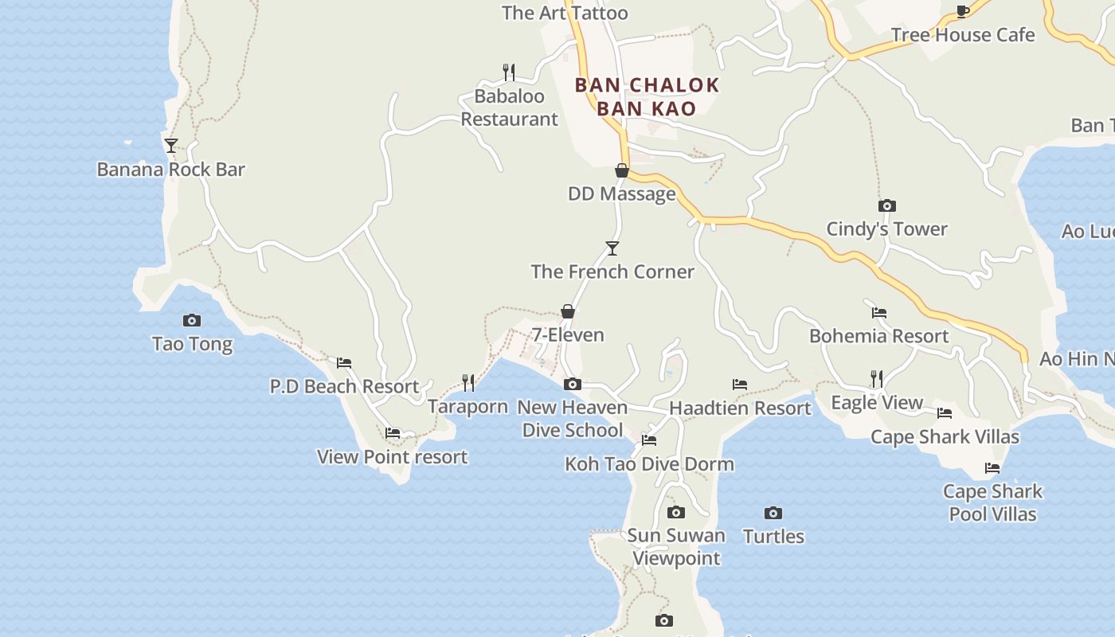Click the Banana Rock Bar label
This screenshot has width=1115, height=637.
coord(170,170)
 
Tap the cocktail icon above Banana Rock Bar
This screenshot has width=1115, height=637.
coord(170,146)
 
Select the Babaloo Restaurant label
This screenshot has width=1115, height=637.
coord(509,107)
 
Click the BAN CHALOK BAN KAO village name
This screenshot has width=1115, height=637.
coord(647,96)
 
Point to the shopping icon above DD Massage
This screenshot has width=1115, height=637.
coord(622,170)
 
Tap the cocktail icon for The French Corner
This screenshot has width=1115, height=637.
coord(612,248)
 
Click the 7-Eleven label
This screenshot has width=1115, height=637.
coord(568,335)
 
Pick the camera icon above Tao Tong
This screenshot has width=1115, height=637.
coord(192,320)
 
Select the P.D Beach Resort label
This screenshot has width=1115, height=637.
coord(344,387)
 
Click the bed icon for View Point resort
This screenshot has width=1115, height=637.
coord(393,433)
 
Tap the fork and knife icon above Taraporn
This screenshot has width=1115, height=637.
coord(468,383)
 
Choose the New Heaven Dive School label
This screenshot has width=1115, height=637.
coord(572,419)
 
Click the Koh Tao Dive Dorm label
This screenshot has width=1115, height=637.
coord(649,464)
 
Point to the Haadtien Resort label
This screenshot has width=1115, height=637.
coord(740,408)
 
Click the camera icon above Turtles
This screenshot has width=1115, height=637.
coord(773,513)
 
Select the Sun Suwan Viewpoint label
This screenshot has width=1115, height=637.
coord(676,547)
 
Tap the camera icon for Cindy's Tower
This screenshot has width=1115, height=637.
coord(886,205)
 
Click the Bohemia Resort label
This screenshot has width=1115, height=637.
coord(878,336)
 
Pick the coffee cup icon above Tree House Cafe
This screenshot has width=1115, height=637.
coord(962,11)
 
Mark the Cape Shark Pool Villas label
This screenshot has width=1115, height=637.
coord(992,502)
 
